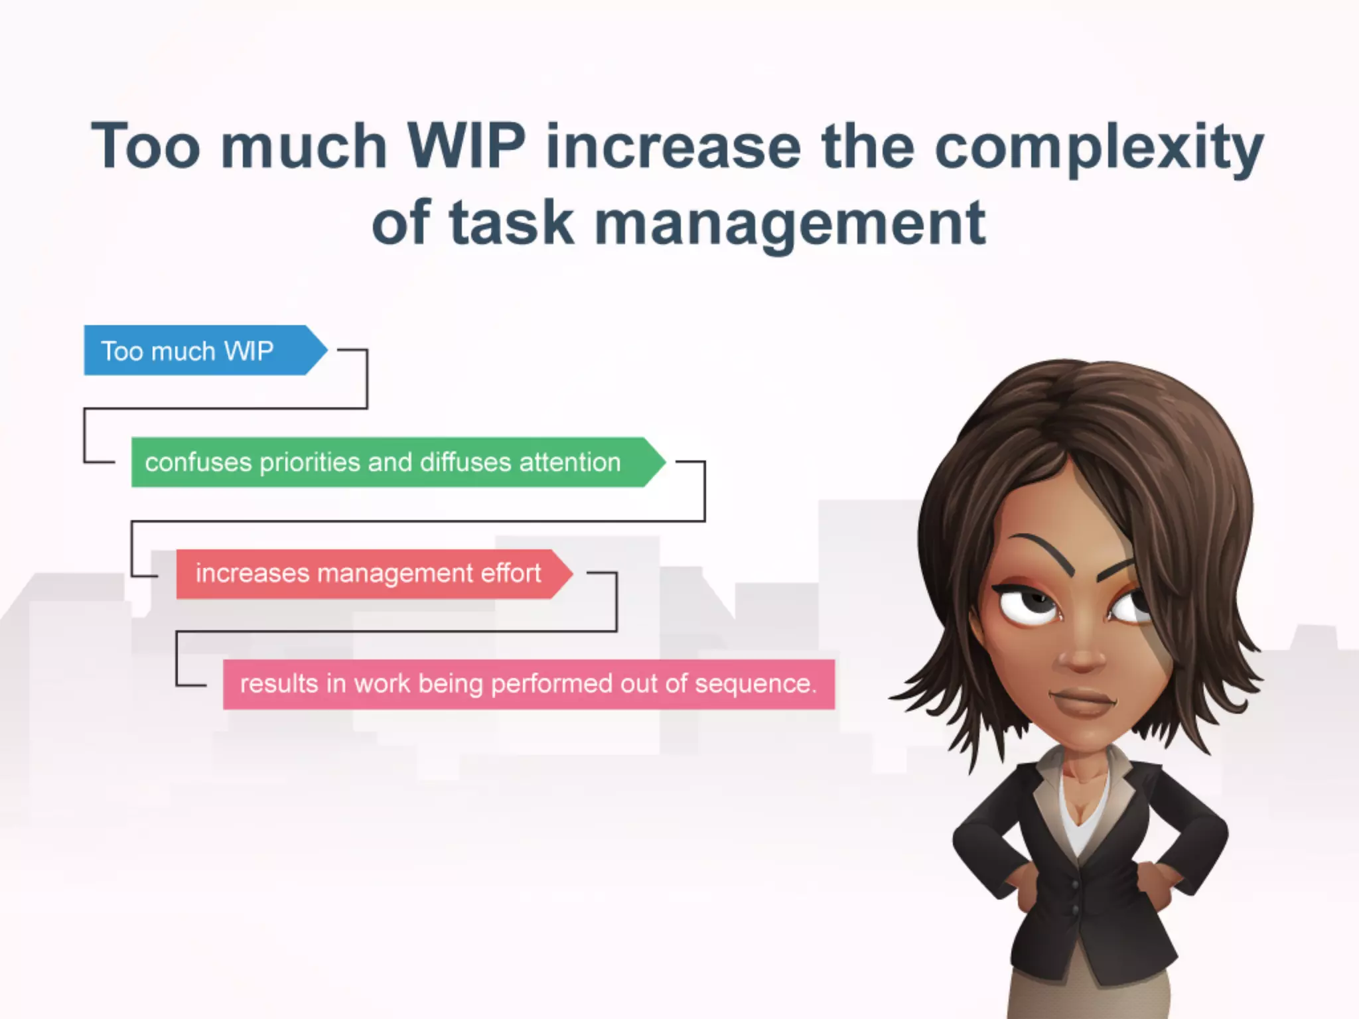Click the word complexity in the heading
(x=1098, y=147)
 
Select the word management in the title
(x=790, y=224)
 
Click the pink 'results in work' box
(x=528, y=684)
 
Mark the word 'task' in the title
(x=511, y=224)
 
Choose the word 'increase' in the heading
(x=673, y=147)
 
